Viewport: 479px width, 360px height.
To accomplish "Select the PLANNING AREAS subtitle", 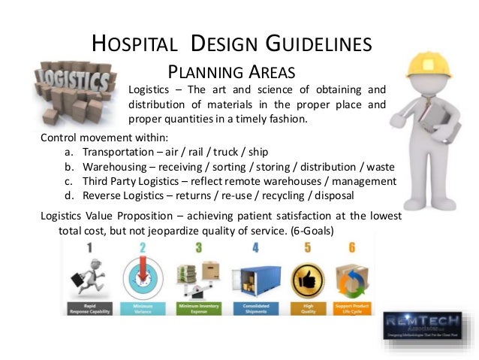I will click(x=231, y=72).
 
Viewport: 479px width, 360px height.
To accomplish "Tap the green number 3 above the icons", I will click(x=199, y=247).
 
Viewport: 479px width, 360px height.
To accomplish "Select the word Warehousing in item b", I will click(x=117, y=167).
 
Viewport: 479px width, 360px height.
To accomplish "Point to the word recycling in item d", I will click(x=297, y=195).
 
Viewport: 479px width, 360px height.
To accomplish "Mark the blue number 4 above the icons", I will click(x=255, y=247).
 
